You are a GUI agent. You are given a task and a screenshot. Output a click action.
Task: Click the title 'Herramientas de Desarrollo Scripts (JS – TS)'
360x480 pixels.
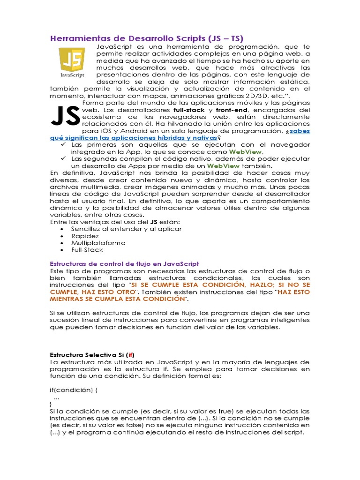click(147, 38)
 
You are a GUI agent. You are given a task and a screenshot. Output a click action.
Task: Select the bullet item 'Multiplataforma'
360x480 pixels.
click(98, 243)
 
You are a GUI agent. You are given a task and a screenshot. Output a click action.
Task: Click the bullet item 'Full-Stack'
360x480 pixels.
click(87, 250)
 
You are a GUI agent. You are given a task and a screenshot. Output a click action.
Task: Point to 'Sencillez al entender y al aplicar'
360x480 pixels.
click(126, 229)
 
